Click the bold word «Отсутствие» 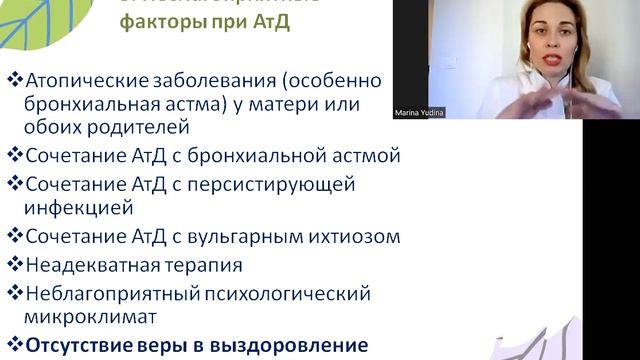pyautogui.click(x=80, y=347)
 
